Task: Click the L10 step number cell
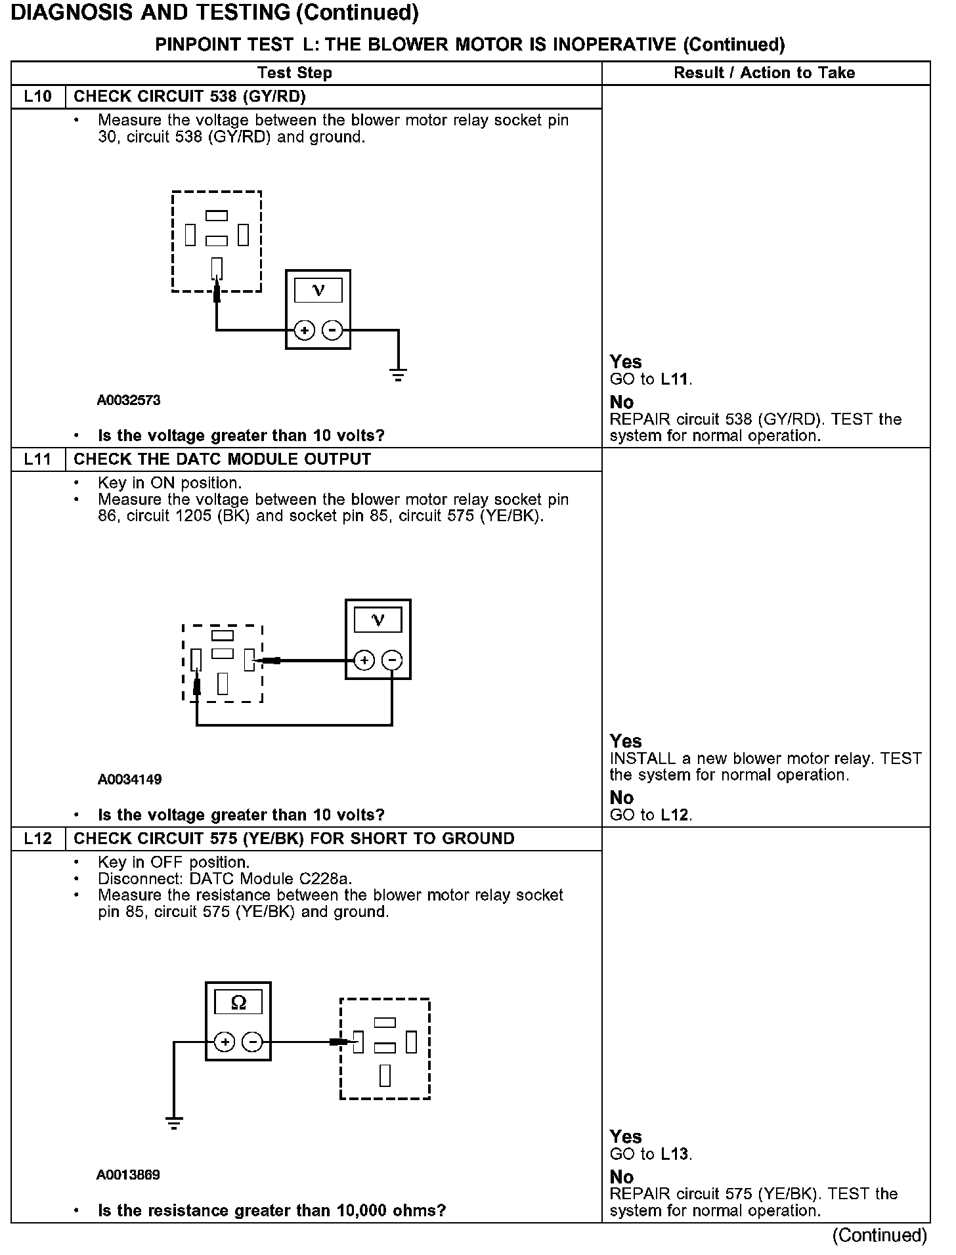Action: click(x=38, y=96)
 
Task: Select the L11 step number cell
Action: click(x=38, y=459)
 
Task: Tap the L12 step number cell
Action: click(x=38, y=838)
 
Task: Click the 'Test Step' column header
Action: click(x=295, y=73)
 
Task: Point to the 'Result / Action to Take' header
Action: click(x=764, y=73)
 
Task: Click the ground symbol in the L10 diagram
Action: click(x=398, y=376)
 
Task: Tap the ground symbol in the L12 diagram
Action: click(x=174, y=1124)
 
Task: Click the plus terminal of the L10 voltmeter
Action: click(x=304, y=330)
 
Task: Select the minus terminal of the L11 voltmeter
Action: click(x=392, y=660)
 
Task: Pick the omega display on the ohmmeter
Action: click(x=238, y=1003)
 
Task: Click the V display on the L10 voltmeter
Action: click(x=318, y=290)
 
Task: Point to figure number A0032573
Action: click(x=129, y=400)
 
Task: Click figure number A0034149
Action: click(x=129, y=779)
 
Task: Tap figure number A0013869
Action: click(x=128, y=1175)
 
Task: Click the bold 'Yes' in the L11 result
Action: click(x=625, y=741)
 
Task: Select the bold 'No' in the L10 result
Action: click(x=621, y=402)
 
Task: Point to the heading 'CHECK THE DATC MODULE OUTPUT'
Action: click(x=222, y=459)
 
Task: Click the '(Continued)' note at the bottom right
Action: click(x=879, y=1235)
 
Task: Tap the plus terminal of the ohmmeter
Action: click(x=225, y=1042)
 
